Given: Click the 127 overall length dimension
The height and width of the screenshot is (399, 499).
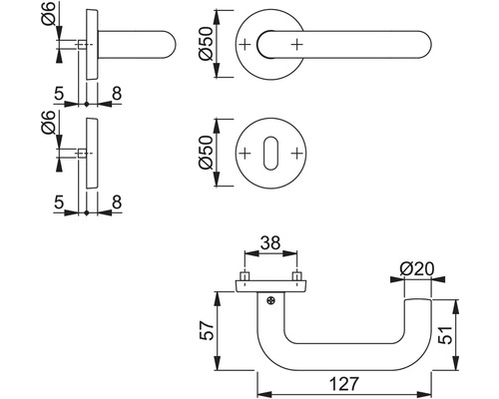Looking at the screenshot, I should coord(344,379).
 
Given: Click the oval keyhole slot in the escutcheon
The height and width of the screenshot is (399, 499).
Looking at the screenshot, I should coord(269,155).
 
